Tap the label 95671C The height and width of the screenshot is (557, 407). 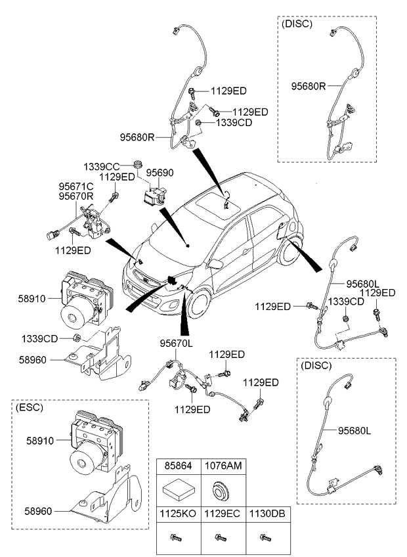click(75, 187)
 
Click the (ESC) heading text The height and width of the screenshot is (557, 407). click(29, 408)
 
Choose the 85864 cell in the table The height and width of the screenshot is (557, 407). click(177, 466)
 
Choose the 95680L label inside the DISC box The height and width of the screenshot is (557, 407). click(355, 431)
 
